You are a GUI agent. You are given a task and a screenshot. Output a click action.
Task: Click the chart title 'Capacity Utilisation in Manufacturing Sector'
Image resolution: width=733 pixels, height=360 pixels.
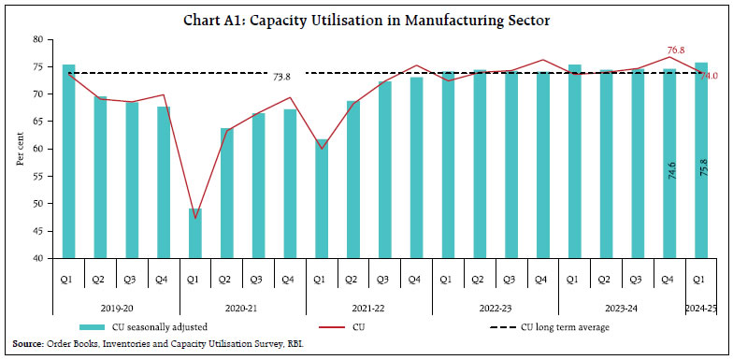point(366,13)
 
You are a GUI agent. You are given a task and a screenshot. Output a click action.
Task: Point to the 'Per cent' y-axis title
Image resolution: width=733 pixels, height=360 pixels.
point(19,149)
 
